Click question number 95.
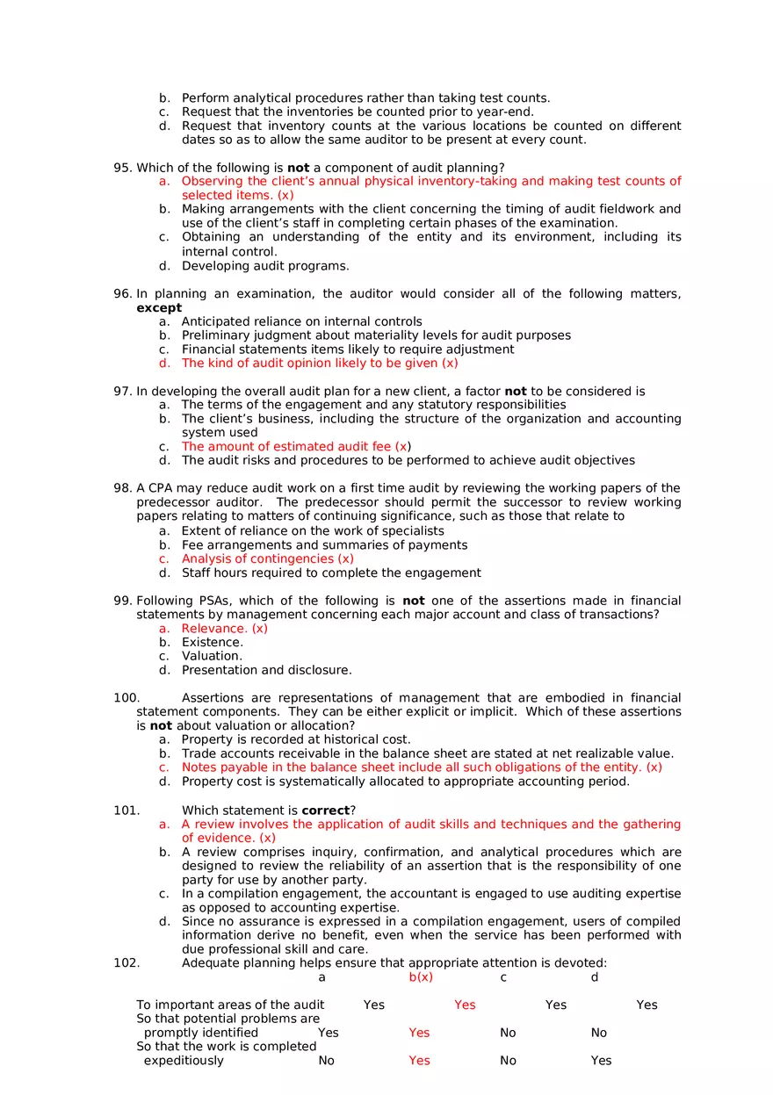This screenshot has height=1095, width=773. point(122,168)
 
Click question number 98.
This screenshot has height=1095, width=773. point(122,488)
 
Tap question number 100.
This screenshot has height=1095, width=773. point(125,698)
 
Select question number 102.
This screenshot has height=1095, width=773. point(126,962)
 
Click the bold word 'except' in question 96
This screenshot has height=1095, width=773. point(159,308)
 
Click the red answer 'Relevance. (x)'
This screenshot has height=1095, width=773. point(224,629)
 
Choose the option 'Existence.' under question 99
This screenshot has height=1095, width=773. point(212,643)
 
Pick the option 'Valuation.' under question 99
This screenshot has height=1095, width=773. point(212,656)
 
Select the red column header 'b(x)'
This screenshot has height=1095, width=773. point(421,977)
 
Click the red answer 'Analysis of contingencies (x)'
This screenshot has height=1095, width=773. point(267,558)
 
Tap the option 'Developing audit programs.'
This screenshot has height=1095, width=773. point(264,266)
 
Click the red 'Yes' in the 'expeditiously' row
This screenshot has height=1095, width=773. point(419,1061)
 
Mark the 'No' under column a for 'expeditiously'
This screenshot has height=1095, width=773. point(326,1061)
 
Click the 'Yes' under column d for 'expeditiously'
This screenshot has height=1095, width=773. point(601,1061)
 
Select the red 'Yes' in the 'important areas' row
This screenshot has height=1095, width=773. point(465,1005)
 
